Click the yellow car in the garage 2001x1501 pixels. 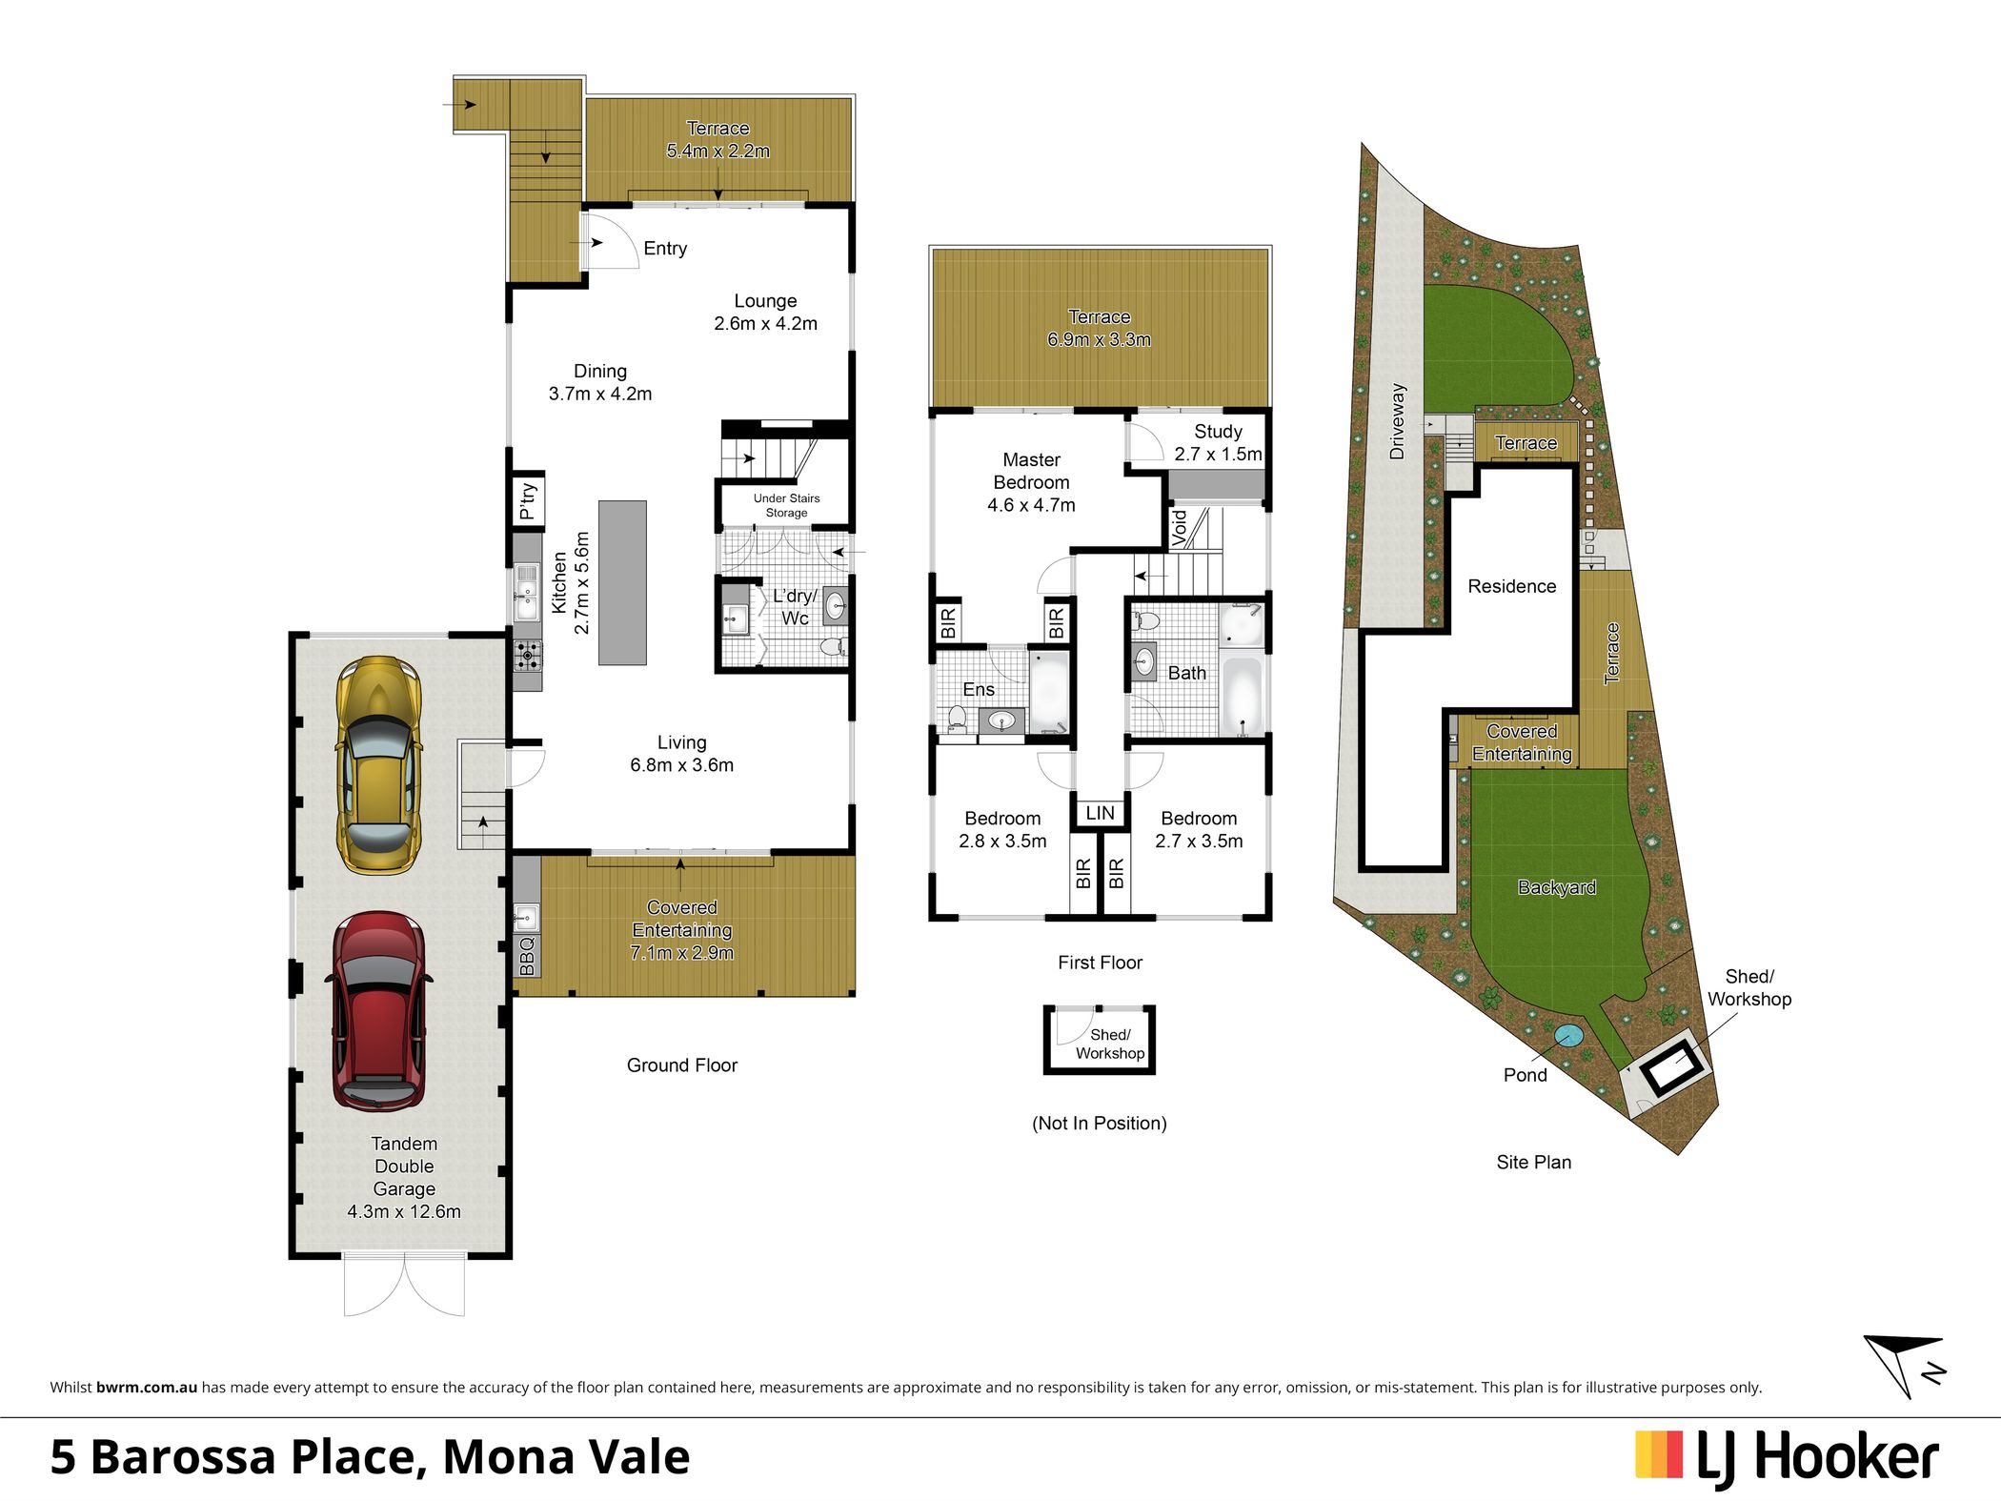378,765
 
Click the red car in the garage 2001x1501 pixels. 378,1011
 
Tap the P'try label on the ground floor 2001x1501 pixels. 527,499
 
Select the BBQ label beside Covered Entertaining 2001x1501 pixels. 527,955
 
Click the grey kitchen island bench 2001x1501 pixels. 622,582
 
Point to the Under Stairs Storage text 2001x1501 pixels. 786,505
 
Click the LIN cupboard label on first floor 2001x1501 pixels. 1100,813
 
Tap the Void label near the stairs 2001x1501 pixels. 1180,527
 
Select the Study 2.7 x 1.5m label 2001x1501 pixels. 1218,443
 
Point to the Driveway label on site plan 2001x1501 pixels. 1397,421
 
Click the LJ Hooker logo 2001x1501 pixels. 1787,1458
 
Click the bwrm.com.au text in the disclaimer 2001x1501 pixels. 147,1388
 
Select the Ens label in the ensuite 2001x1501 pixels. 979,689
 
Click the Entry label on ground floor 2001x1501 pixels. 665,249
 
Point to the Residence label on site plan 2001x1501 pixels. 1511,586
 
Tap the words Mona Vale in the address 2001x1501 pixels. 566,1457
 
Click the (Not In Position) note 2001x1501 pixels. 1100,1124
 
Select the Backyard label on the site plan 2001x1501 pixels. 1557,887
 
